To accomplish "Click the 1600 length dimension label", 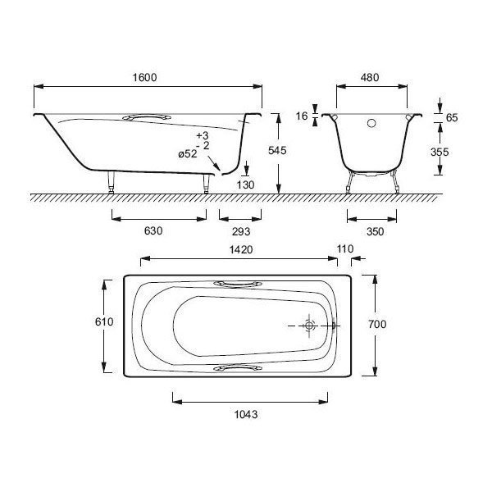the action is pos(144,78).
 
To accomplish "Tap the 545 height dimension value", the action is pos(277,151).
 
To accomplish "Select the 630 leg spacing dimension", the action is pos(153,231).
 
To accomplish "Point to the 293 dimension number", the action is pos(241,231).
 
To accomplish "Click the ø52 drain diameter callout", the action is pos(188,154).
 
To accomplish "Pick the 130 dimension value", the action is pos(245,184).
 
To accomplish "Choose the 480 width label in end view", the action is pos(370,78).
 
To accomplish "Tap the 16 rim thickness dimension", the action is pos(302,116).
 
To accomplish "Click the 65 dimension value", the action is pos(452,117).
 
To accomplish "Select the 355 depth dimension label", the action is pos(440,153).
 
